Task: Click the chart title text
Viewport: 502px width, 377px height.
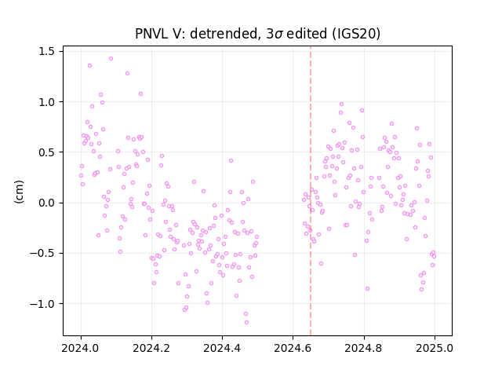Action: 258,34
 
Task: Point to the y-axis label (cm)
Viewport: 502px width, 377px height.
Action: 19,192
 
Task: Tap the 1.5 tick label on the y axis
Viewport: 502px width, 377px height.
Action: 46,51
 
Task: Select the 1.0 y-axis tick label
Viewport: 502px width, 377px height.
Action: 46,101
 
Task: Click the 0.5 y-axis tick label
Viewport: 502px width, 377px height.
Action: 46,152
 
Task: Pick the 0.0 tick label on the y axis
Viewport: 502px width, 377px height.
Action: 46,203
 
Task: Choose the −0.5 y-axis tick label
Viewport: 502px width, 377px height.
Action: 42,253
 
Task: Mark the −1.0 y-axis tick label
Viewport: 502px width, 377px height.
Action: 42,304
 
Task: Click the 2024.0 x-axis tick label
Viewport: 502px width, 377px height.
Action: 81,348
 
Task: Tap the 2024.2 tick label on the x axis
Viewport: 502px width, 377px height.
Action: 151,348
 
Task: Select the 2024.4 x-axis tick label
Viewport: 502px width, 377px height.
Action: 222,348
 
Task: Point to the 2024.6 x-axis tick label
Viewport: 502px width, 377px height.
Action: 293,348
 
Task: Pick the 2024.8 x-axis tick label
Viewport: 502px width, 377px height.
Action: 364,348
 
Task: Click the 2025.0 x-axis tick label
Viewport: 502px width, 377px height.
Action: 435,348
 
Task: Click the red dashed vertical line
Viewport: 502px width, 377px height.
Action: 311,191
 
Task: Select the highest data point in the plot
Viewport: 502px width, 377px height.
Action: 111,58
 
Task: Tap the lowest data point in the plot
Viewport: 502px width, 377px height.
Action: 246,322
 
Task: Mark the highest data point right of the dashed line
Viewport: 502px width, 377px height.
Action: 342,104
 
